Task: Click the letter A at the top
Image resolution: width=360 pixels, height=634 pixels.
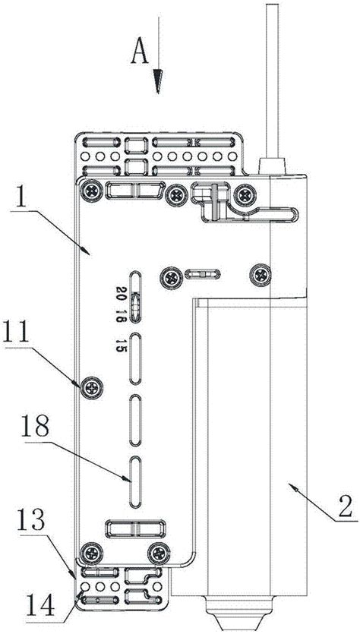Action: (140, 51)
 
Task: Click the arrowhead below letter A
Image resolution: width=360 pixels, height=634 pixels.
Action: (158, 81)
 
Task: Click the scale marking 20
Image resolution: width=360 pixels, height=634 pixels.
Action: (121, 291)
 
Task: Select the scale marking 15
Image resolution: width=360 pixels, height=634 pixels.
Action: (120, 345)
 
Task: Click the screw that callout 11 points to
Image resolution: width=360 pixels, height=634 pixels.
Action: (92, 389)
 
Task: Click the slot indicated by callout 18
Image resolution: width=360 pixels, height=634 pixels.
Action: (135, 482)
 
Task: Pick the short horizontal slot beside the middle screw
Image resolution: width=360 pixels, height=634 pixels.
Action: (203, 275)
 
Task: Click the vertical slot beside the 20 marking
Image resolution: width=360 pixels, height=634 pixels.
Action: (135, 298)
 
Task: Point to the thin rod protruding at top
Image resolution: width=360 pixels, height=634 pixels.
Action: (272, 81)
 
